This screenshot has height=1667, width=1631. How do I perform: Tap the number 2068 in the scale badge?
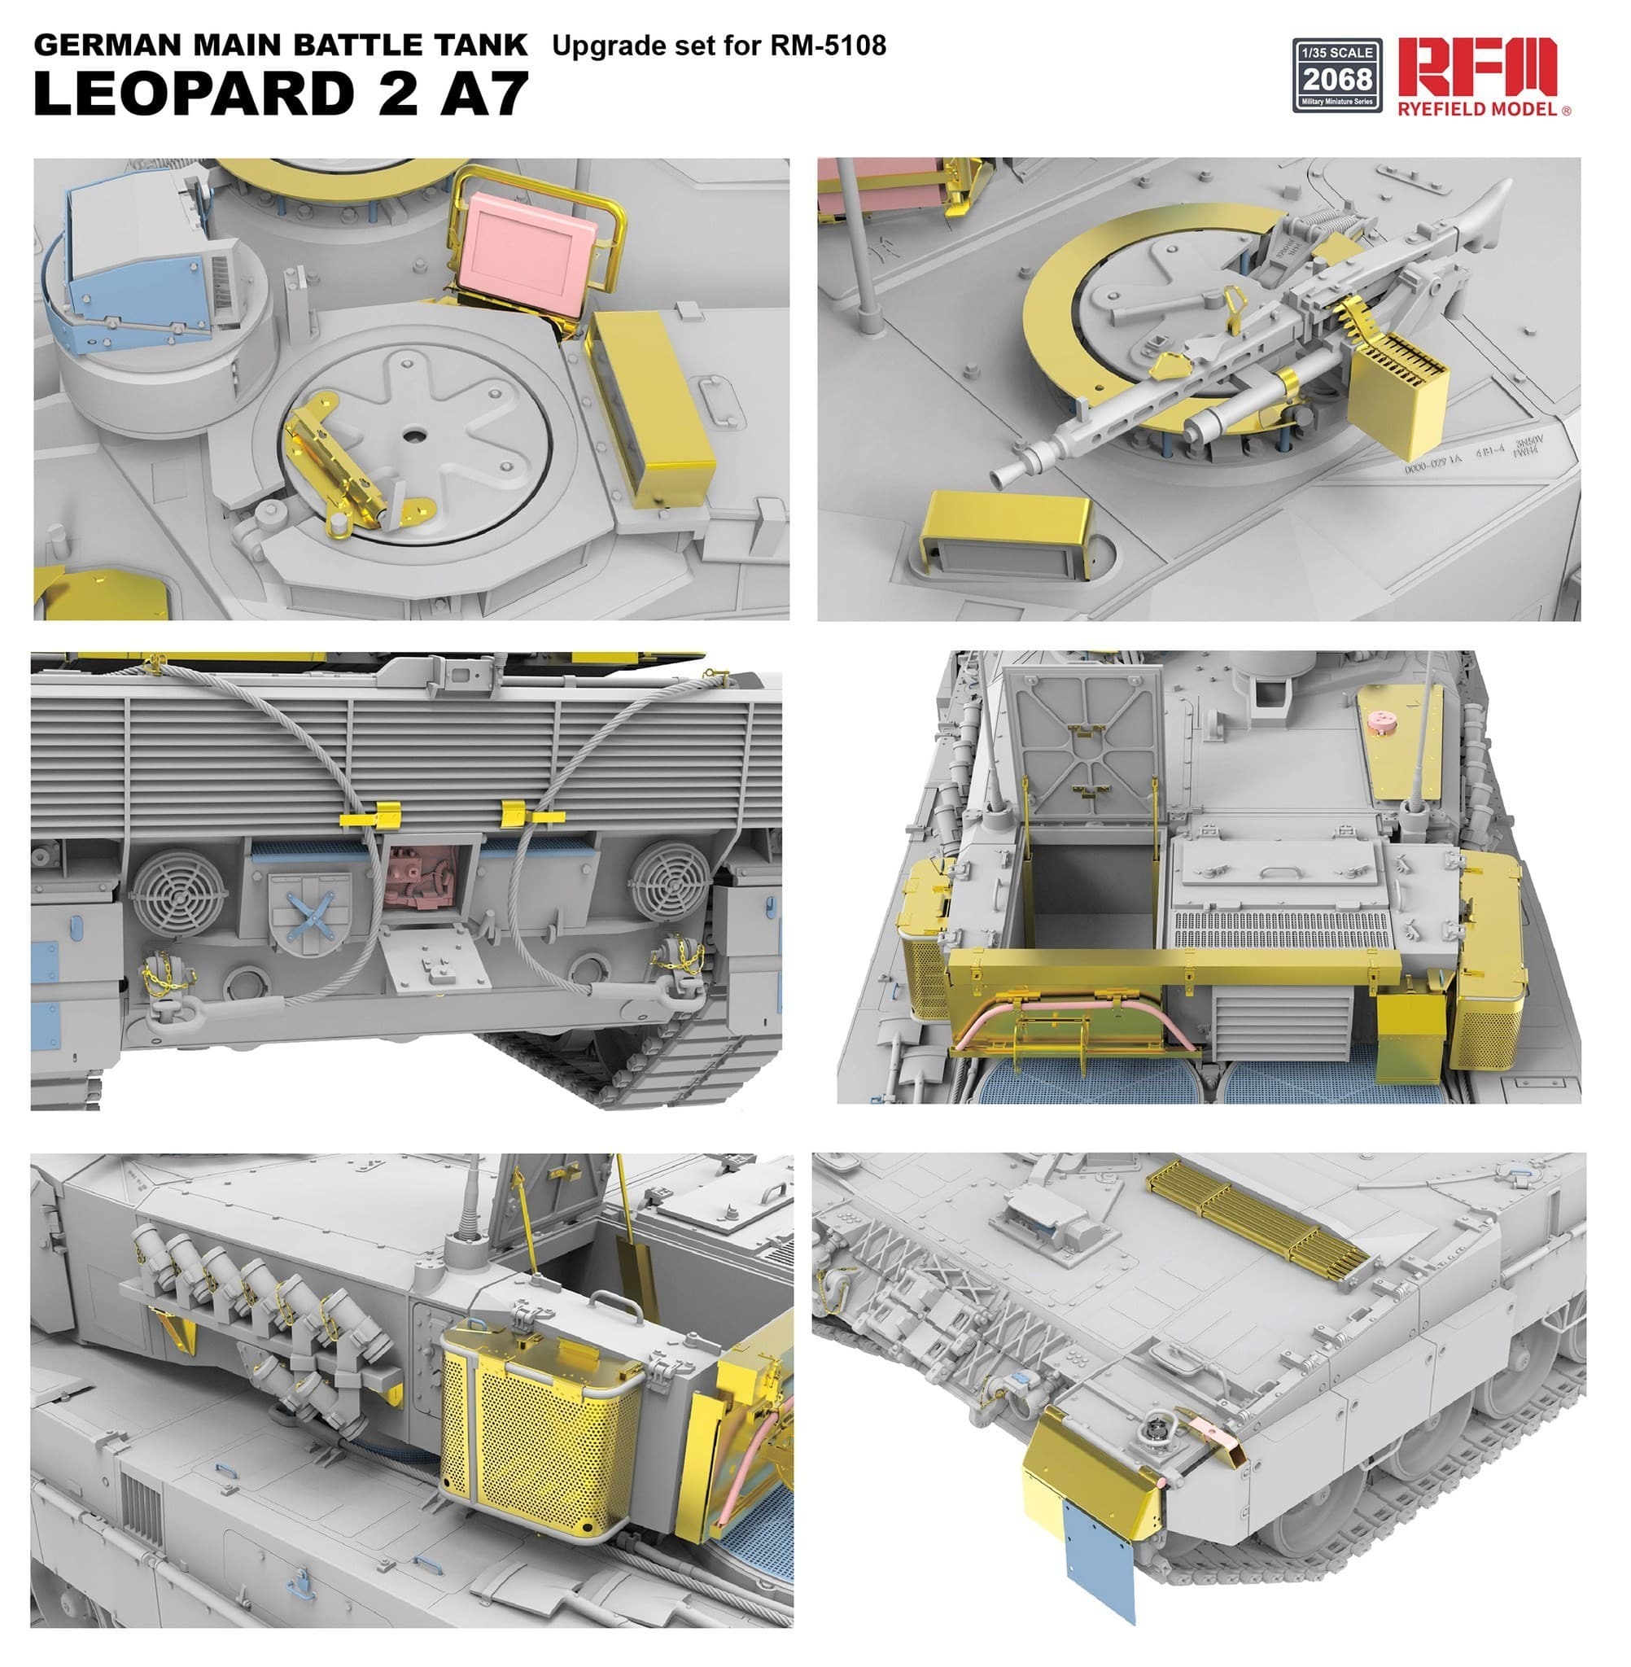click(1337, 80)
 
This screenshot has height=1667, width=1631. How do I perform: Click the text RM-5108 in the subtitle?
click(829, 45)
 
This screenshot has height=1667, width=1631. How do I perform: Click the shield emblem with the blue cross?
click(308, 912)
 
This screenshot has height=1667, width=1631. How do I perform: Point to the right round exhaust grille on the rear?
click(670, 882)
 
